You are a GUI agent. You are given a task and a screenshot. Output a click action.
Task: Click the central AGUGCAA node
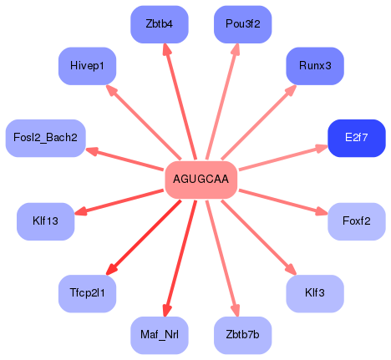[x=201, y=180]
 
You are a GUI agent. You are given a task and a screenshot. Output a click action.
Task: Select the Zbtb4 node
[x=160, y=24]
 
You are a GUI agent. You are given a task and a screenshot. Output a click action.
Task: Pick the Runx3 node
[x=315, y=65]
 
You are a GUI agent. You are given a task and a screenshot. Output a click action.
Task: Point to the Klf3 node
[x=315, y=294]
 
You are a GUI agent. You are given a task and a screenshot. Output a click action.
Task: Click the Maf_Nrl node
[x=160, y=335]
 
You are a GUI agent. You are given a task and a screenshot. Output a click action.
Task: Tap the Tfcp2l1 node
[x=88, y=294]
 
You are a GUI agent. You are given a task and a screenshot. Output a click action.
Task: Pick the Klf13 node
[x=46, y=221]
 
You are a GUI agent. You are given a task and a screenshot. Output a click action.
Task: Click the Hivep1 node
[x=88, y=65]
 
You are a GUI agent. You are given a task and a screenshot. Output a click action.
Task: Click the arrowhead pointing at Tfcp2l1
[x=109, y=270]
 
